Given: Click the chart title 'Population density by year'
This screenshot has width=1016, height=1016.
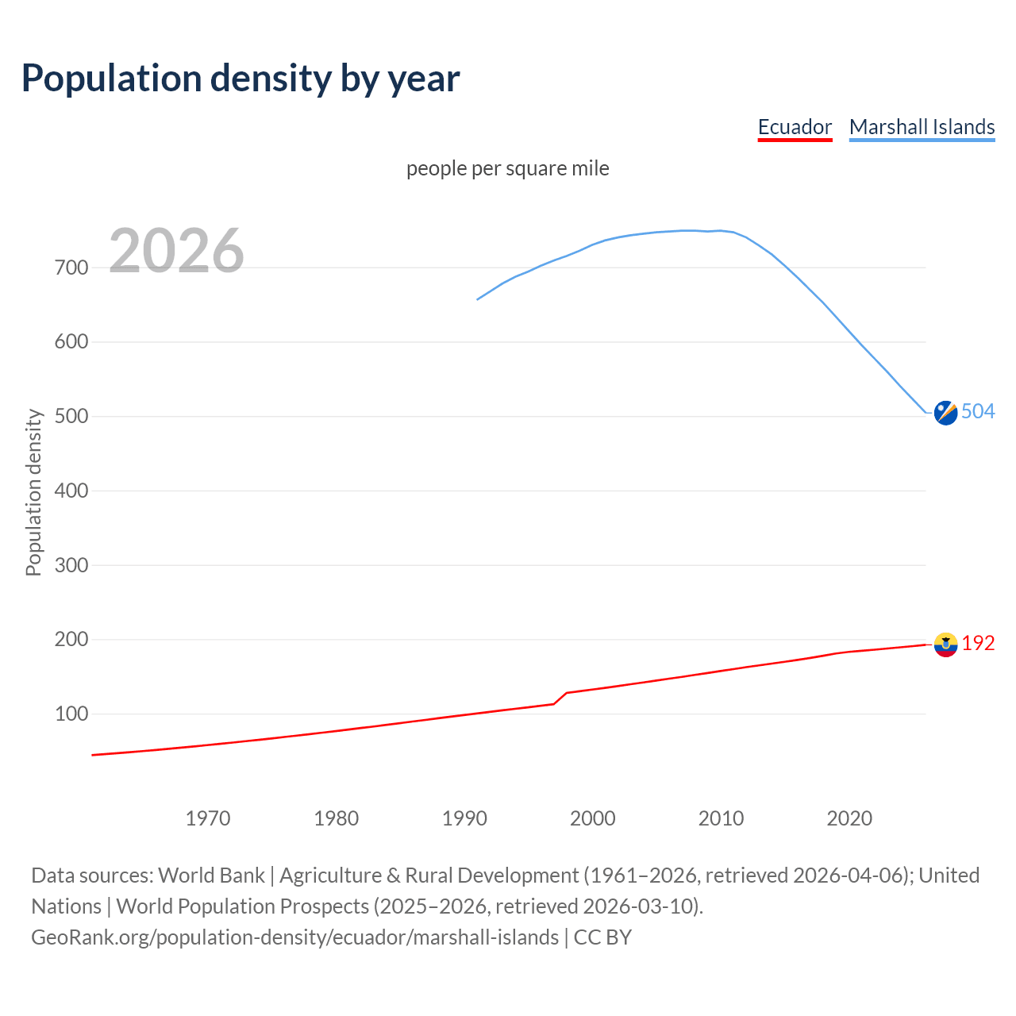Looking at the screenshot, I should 241,79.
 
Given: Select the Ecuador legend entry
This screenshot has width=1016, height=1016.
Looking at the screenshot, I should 795,127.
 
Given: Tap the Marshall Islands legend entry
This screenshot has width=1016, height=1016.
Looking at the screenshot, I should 922,127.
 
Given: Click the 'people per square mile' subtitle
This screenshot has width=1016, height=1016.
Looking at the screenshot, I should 508,168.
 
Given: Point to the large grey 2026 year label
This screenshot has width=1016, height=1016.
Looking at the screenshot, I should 176,251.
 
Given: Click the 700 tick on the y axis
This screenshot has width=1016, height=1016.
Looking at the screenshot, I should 71,267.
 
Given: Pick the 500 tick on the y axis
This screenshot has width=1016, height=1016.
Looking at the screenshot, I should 71,416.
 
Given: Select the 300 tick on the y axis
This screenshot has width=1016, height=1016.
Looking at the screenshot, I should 71,565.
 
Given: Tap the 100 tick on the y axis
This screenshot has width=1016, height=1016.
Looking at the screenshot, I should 71,714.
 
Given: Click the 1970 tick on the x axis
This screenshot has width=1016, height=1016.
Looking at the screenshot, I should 208,818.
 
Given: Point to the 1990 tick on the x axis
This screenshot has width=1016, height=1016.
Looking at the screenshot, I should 464,818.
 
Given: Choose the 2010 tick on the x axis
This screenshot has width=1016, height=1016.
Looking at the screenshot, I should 721,818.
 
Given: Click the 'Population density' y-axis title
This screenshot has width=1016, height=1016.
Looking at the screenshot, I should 33,492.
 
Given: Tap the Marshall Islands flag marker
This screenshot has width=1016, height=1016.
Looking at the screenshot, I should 945,413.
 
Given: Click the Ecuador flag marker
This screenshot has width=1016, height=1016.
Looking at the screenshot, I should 945,645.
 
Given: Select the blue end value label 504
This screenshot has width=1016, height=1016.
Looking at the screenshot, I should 978,411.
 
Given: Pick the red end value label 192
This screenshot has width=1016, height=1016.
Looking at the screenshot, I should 978,644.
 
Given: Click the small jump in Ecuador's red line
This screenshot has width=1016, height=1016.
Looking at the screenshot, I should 560,698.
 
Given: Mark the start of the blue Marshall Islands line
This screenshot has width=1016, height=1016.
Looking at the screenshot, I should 478,299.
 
